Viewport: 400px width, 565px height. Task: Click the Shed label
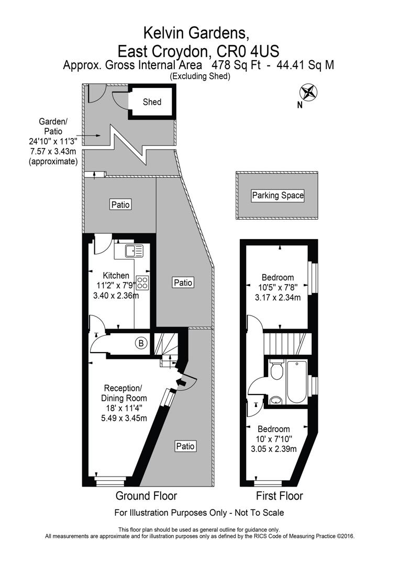click(x=152, y=102)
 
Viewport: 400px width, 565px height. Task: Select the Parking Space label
click(x=278, y=196)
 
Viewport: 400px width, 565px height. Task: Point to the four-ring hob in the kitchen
click(x=142, y=282)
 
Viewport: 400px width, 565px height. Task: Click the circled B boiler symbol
click(x=141, y=344)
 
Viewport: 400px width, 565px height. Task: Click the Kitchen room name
click(x=116, y=276)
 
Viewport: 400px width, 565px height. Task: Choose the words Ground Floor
click(x=146, y=496)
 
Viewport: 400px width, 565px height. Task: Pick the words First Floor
click(x=280, y=496)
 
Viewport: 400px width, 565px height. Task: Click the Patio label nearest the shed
click(x=120, y=205)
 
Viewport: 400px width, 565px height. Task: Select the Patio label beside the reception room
click(x=185, y=446)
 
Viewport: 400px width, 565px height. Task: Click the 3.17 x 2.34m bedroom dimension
click(x=277, y=298)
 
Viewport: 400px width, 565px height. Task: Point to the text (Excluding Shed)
click(x=199, y=76)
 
